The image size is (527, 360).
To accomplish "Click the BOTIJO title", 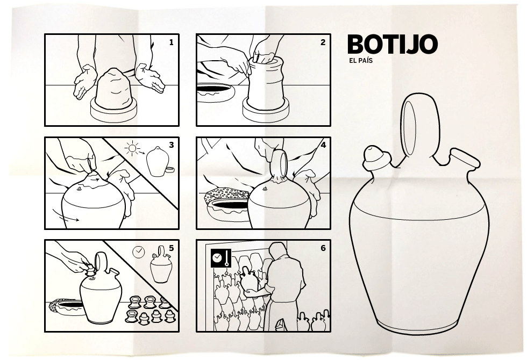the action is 392,44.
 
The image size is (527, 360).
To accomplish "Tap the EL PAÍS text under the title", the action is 361,61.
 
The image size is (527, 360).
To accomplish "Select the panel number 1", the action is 172,42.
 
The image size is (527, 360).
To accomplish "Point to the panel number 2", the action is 323,42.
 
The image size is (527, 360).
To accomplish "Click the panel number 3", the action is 172,145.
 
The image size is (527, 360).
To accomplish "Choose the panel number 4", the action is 323,145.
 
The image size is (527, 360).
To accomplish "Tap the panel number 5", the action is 172,248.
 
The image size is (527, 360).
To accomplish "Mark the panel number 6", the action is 323,248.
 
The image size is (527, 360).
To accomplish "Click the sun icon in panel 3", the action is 132,148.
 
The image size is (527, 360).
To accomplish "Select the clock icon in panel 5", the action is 139,252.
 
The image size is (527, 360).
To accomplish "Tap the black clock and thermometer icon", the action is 221,258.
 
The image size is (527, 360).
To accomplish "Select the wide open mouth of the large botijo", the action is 465,159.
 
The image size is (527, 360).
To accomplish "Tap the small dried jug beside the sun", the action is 157,161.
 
